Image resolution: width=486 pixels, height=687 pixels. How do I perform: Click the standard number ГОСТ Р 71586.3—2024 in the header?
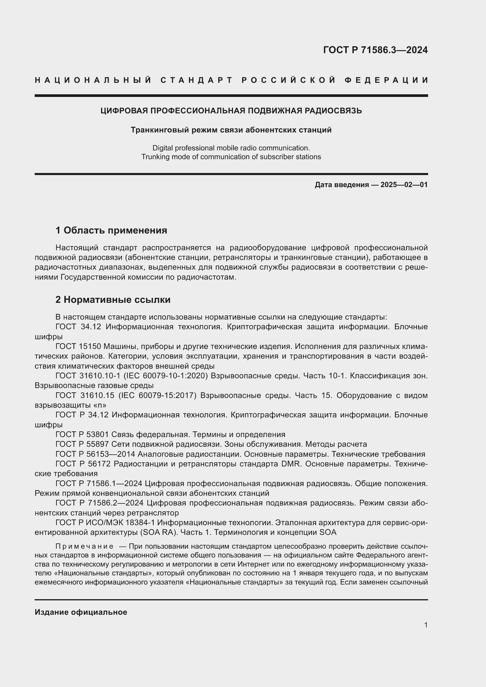(375, 50)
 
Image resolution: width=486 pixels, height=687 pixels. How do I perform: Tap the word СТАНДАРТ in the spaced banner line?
(197, 80)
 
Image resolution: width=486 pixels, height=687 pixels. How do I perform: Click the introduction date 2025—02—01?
(404, 185)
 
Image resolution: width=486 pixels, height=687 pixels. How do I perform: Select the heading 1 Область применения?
(111, 230)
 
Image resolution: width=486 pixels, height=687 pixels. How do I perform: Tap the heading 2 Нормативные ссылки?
(113, 300)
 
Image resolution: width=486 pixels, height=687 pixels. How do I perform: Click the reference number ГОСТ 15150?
(78, 346)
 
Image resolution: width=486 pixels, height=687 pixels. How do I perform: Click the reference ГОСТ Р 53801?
(82, 434)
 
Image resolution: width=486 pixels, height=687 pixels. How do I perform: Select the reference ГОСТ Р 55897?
(82, 444)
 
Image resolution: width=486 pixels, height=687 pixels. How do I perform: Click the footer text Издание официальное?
(81, 612)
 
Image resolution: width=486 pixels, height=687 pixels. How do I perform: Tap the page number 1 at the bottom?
(426, 625)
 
